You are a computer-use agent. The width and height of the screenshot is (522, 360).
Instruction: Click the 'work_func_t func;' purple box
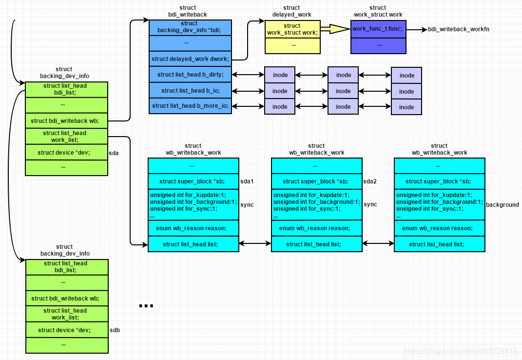pyautogui.click(x=378, y=29)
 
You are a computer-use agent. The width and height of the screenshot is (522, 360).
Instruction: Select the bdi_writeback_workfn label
pyautogui.click(x=459, y=29)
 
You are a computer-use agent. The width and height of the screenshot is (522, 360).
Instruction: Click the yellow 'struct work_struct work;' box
pyautogui.click(x=292, y=29)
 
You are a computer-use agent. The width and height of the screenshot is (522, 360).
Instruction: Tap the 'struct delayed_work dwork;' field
pyautogui.click(x=190, y=59)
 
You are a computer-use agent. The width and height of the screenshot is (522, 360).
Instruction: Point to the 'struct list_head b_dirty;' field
pyautogui.click(x=190, y=75)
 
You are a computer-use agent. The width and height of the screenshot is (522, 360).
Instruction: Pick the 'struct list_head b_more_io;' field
pyautogui.click(x=190, y=106)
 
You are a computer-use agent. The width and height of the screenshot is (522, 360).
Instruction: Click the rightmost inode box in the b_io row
pyautogui.click(x=406, y=91)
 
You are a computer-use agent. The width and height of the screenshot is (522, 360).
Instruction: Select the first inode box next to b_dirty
pyautogui.click(x=280, y=75)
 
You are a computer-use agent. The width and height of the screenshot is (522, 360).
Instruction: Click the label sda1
pyautogui.click(x=248, y=181)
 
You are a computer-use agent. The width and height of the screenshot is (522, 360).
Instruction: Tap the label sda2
pyautogui.click(x=370, y=181)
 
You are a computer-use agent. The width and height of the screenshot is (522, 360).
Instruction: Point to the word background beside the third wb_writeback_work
pyautogui.click(x=502, y=205)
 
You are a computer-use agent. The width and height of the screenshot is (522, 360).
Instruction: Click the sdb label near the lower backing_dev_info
pyautogui.click(x=115, y=330)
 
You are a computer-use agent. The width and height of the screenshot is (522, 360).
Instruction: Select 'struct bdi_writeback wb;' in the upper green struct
pyautogui.click(x=66, y=120)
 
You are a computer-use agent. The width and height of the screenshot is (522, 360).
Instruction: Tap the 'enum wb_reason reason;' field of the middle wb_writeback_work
pyautogui.click(x=316, y=228)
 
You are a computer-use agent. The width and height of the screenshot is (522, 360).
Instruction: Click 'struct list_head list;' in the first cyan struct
pyautogui.click(x=193, y=244)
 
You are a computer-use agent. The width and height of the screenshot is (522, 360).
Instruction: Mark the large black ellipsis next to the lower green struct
pyautogui.click(x=146, y=306)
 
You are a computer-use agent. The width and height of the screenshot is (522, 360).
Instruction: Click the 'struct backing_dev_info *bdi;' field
pyautogui.click(x=190, y=27)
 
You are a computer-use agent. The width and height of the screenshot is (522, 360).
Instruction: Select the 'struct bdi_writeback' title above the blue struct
pyautogui.click(x=187, y=11)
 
